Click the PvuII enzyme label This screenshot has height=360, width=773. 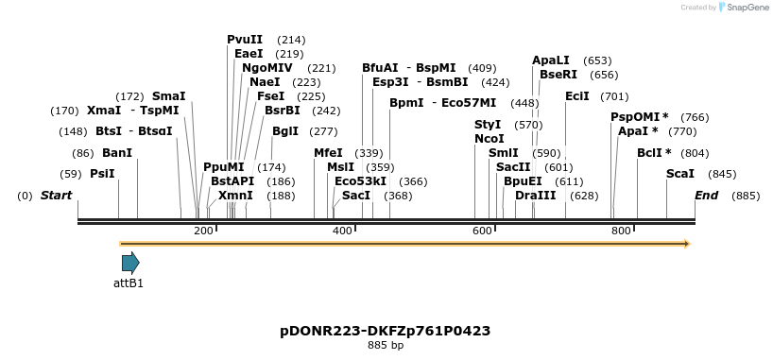coord(245,40)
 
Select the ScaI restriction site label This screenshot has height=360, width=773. coord(680,174)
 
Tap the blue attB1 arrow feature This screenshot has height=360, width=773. coord(130,263)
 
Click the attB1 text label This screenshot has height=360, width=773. coord(129,283)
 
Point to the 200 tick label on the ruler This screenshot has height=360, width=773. coord(203,231)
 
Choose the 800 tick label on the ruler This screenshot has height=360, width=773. coord(621,231)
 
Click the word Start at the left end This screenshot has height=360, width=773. coord(56,196)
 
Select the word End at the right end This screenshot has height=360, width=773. coord(706,196)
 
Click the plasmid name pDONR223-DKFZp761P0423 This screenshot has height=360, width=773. coord(385,331)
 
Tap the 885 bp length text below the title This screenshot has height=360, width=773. coord(385,346)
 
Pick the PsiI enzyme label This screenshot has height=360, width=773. coord(102,174)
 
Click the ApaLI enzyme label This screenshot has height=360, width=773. coord(550,60)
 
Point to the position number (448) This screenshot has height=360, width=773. coord(524,103)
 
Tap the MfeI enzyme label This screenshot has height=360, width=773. coord(328,153)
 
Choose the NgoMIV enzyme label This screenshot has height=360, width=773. coord(267,68)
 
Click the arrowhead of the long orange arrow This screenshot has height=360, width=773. coord(686,244)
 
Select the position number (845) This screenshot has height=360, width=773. coord(722,174)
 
